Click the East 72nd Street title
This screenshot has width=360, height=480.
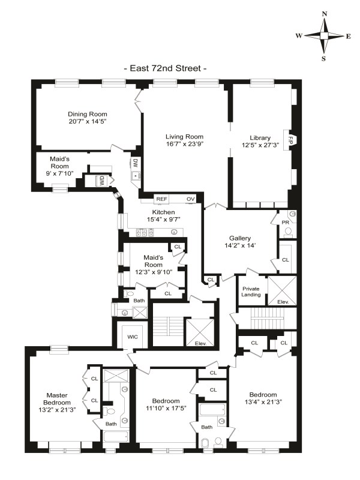click(x=165, y=68)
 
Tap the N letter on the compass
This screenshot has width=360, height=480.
click(x=324, y=13)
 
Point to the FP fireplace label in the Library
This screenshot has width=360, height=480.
click(x=290, y=142)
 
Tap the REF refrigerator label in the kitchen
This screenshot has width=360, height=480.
click(x=161, y=199)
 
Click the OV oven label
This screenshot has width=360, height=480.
click(x=191, y=199)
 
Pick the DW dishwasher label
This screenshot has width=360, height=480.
click(x=136, y=162)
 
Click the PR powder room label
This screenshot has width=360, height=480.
click(x=286, y=222)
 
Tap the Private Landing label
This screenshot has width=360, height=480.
click(x=250, y=291)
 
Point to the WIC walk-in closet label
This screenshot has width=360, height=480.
click(x=133, y=337)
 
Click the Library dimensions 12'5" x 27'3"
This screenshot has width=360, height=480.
click(x=260, y=145)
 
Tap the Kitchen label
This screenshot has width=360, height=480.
click(x=163, y=212)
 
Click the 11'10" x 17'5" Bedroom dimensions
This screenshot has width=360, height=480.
click(x=166, y=409)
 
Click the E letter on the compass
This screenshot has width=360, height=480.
click(x=349, y=36)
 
